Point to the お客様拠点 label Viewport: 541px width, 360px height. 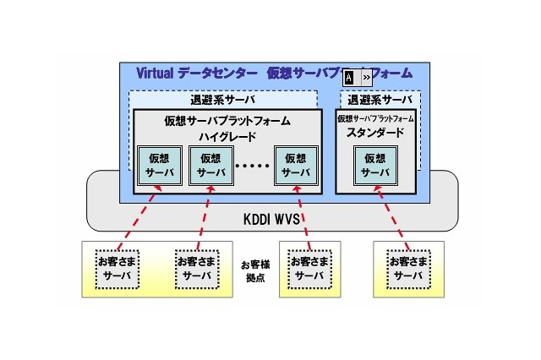[x=254, y=270]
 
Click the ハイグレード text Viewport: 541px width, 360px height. [x=227, y=135]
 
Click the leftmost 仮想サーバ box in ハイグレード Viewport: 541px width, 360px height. [x=158, y=166]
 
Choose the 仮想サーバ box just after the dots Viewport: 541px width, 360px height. [x=296, y=166]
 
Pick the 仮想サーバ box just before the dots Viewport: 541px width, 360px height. [x=210, y=166]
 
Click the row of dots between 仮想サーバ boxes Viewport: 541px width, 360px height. [x=253, y=166]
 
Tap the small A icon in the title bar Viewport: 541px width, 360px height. [x=349, y=78]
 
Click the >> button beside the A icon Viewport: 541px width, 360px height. [x=366, y=78]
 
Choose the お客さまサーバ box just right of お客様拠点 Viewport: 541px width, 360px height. [x=307, y=268]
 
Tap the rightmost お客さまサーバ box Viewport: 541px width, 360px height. [x=408, y=268]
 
